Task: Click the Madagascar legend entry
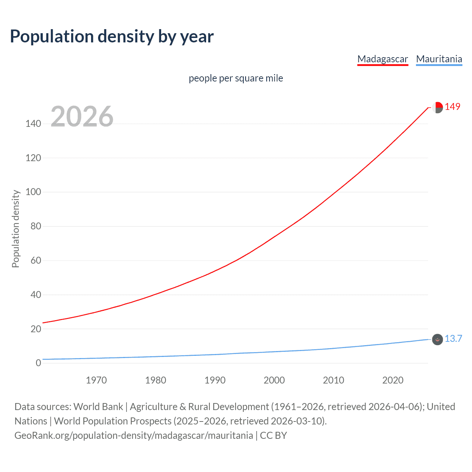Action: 382,59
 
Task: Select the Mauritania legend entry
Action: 439,59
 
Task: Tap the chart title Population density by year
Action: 112,37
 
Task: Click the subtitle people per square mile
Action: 236,78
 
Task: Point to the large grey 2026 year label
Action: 82,117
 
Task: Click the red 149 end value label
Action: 452,107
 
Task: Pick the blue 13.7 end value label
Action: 453,339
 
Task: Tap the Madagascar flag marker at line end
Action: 437,108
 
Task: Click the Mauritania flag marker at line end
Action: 437,340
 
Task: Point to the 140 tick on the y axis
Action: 33,124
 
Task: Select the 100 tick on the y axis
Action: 33,192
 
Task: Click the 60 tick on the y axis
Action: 36,260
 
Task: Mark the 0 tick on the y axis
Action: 38,363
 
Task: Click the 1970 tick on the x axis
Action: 96,380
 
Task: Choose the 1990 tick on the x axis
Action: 215,380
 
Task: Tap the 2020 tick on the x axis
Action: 393,380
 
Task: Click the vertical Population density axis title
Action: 15,229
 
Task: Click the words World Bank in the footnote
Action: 98,407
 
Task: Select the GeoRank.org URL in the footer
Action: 133,435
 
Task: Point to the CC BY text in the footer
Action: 273,435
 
